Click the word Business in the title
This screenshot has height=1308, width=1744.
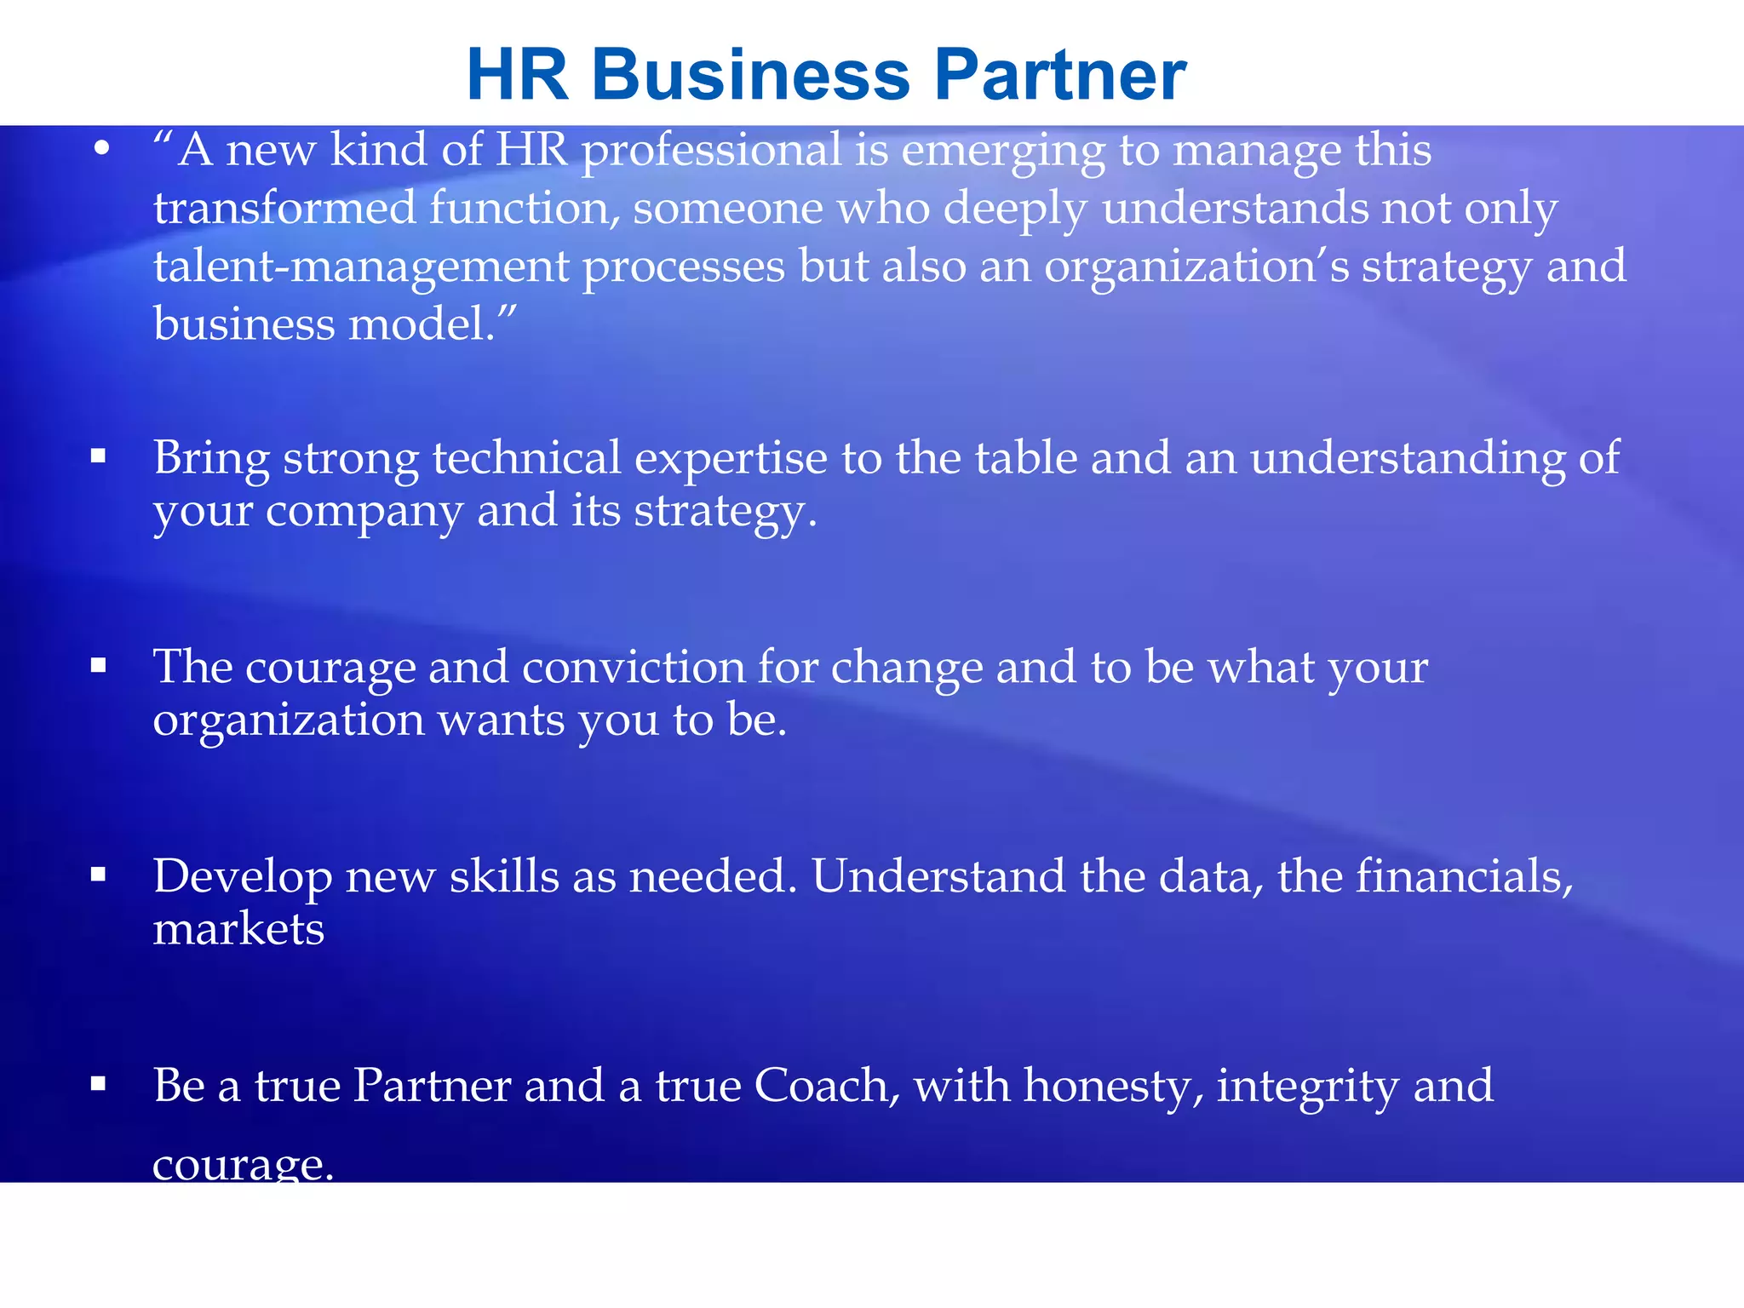pyautogui.click(x=751, y=75)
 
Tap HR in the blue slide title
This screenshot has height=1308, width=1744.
pyautogui.click(x=518, y=75)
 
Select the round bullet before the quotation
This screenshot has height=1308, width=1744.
pyautogui.click(x=102, y=150)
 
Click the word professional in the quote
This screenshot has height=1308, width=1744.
pyautogui.click(x=712, y=152)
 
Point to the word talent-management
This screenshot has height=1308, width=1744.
pyautogui.click(x=361, y=267)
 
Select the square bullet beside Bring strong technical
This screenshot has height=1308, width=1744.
pyautogui.click(x=99, y=456)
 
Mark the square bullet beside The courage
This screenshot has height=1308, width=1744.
pyautogui.click(x=99, y=665)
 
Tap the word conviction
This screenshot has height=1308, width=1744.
pyautogui.click(x=634, y=667)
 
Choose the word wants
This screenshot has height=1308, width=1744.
pyautogui.click(x=501, y=720)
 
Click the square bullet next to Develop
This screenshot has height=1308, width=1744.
pyautogui.click(x=99, y=874)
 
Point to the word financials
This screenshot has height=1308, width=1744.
pyautogui.click(x=1464, y=876)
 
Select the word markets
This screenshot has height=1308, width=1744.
pyautogui.click(x=238, y=930)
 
